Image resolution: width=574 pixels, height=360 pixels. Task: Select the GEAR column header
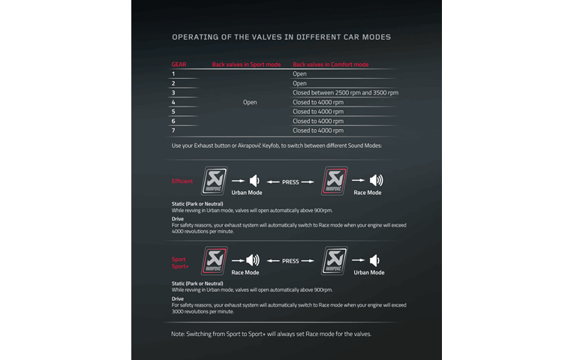point(179,64)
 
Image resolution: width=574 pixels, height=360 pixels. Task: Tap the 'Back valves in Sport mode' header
point(246,64)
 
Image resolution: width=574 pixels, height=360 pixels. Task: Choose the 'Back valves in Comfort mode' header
point(330,64)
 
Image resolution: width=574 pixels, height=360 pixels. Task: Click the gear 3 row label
point(173,93)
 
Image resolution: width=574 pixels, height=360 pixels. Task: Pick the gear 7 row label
point(173,130)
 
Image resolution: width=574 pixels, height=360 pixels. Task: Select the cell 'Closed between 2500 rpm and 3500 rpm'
point(345,93)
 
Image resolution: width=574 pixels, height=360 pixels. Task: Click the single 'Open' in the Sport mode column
point(250,102)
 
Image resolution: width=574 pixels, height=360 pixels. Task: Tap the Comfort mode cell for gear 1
point(299,74)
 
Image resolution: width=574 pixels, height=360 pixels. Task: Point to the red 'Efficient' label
point(182,181)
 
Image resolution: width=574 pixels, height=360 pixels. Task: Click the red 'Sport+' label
point(180,266)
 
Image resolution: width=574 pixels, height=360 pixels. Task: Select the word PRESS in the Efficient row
point(290,181)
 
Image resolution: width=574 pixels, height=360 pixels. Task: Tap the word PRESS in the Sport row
point(290,261)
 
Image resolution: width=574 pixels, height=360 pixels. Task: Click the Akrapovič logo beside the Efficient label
point(215,181)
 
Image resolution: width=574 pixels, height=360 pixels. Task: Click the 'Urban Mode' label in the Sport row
point(368,272)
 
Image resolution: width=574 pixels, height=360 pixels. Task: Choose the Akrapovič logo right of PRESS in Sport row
point(335,260)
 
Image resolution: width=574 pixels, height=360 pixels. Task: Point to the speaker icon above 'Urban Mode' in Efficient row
point(255,181)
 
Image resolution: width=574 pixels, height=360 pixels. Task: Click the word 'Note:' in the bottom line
point(179,334)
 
